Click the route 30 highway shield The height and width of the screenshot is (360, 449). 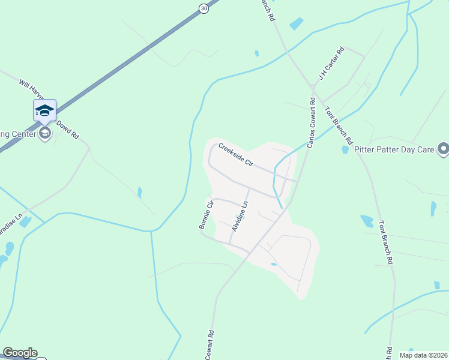click(x=204, y=7)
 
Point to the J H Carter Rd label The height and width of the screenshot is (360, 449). click(x=331, y=64)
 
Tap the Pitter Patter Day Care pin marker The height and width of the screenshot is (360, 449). click(x=443, y=148)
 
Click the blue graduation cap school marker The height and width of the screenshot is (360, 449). click(x=45, y=110)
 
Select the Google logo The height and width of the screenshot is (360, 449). click(x=20, y=353)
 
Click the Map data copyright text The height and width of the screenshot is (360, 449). click(x=424, y=355)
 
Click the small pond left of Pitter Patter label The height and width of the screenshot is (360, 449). click(x=345, y=149)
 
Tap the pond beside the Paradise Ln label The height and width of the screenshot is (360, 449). click(x=25, y=222)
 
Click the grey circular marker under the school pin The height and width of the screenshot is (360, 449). click(x=45, y=133)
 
